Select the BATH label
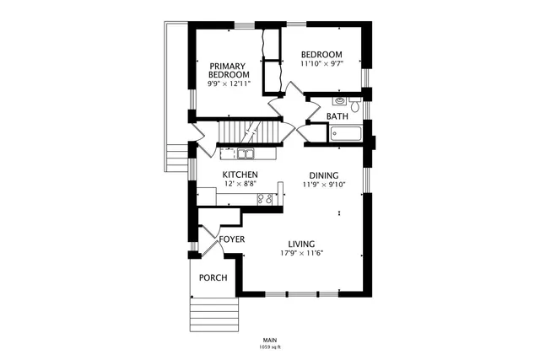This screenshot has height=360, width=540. pos(337,116)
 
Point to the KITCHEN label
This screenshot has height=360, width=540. pos(240,175)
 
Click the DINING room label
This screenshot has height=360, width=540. pos(323,175)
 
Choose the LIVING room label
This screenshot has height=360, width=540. pos(302,244)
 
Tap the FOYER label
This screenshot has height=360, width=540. pos(232,239)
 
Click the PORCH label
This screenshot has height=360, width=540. pos(213,278)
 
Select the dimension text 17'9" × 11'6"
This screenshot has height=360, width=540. pos(302,254)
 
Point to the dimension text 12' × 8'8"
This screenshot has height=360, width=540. pos(240,184)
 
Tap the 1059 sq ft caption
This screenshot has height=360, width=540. pos(270,347)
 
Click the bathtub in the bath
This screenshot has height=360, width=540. pos(345,133)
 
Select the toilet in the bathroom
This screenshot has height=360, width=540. pos(356,107)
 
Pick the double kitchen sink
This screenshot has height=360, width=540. pos(246,153)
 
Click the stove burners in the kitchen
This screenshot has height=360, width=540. pos(265,200)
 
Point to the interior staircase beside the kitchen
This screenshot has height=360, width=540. pos(249,133)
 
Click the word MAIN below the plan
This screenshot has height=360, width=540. pos(270,340)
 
